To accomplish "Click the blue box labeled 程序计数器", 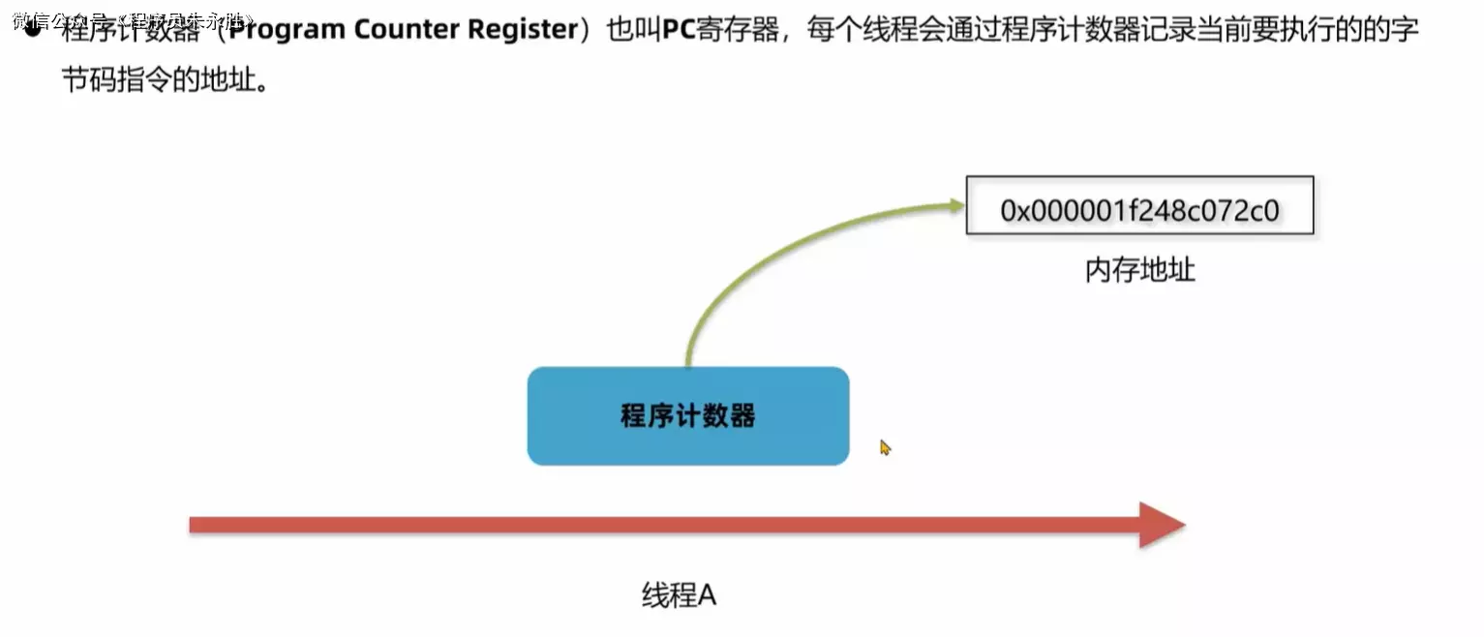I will [x=687, y=416].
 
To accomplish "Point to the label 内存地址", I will [x=1140, y=270].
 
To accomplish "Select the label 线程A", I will [x=679, y=593].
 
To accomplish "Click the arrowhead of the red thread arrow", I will [x=1162, y=526].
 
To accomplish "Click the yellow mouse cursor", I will [x=885, y=448].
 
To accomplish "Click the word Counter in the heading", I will [x=408, y=29].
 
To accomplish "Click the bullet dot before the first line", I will [x=33, y=28].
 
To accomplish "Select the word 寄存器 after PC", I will [x=739, y=29].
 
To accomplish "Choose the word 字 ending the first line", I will [x=1406, y=29].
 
